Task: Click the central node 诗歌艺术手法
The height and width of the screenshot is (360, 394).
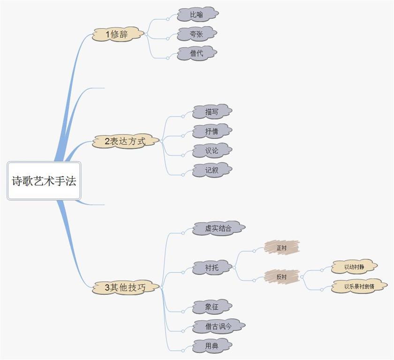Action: (x=44, y=181)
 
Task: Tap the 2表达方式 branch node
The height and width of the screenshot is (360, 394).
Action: (x=125, y=141)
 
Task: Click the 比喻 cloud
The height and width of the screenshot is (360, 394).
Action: (x=197, y=15)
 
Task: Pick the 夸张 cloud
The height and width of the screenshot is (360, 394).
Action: (x=197, y=34)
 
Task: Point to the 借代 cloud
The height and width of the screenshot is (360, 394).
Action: (x=197, y=53)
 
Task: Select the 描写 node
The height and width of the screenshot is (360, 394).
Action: (x=212, y=112)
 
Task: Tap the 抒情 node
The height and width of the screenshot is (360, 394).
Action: (x=212, y=132)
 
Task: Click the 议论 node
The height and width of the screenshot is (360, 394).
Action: (x=212, y=151)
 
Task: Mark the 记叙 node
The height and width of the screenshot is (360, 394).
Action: (x=212, y=171)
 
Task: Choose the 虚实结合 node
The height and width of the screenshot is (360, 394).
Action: (x=218, y=228)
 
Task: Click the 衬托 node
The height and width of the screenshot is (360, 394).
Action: (x=212, y=268)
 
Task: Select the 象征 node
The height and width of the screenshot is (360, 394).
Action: (x=212, y=307)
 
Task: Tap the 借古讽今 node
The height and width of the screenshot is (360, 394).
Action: (x=218, y=326)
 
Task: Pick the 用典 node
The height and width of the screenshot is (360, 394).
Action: (x=212, y=346)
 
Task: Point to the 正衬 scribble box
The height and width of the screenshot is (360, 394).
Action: (x=281, y=247)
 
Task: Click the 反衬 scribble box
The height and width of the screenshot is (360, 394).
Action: (x=281, y=277)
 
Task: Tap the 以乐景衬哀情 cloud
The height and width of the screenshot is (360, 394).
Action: (x=359, y=286)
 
